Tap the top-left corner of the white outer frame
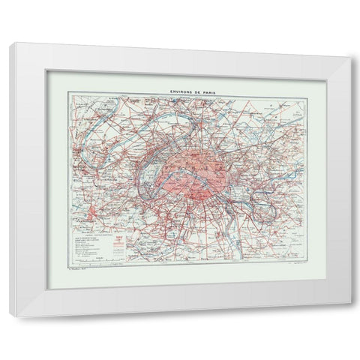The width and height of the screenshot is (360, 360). click(10, 44)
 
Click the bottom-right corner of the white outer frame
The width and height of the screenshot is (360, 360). click(350, 315)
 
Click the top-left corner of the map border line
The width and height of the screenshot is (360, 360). click(68, 93)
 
